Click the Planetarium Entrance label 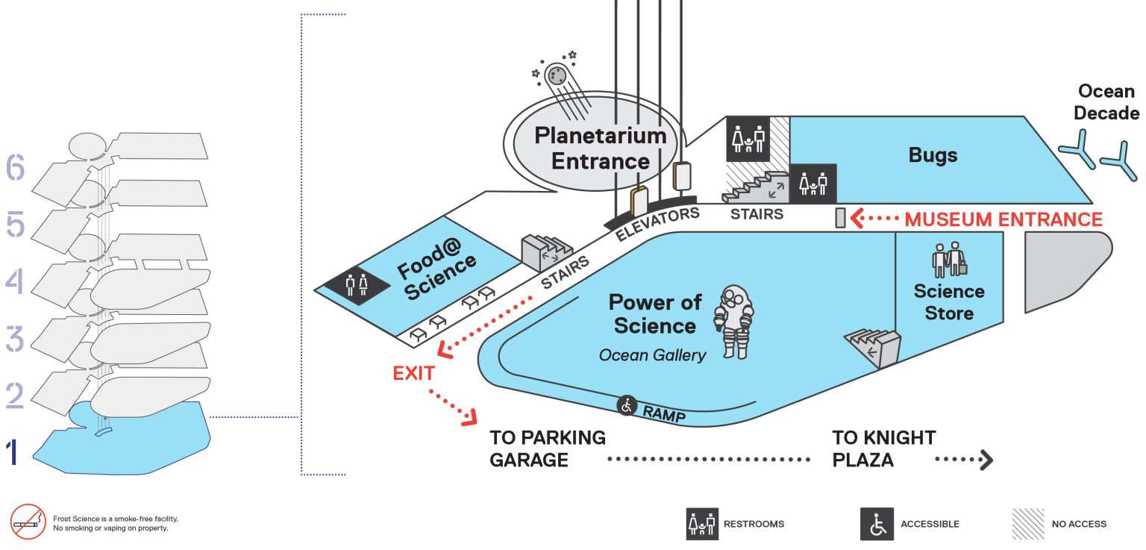601,149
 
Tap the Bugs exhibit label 933,155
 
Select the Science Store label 949,301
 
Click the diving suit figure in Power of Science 734,322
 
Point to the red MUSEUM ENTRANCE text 1003,219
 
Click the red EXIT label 413,373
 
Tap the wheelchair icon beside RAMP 626,406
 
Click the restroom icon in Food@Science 357,285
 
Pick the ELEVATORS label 657,224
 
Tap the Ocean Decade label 1106,101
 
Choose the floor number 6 15,167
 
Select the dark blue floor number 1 13,451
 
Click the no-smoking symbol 28,522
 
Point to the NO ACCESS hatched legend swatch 1028,524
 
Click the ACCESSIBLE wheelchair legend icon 877,524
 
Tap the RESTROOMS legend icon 702,524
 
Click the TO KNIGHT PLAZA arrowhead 986,460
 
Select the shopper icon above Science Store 950,260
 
